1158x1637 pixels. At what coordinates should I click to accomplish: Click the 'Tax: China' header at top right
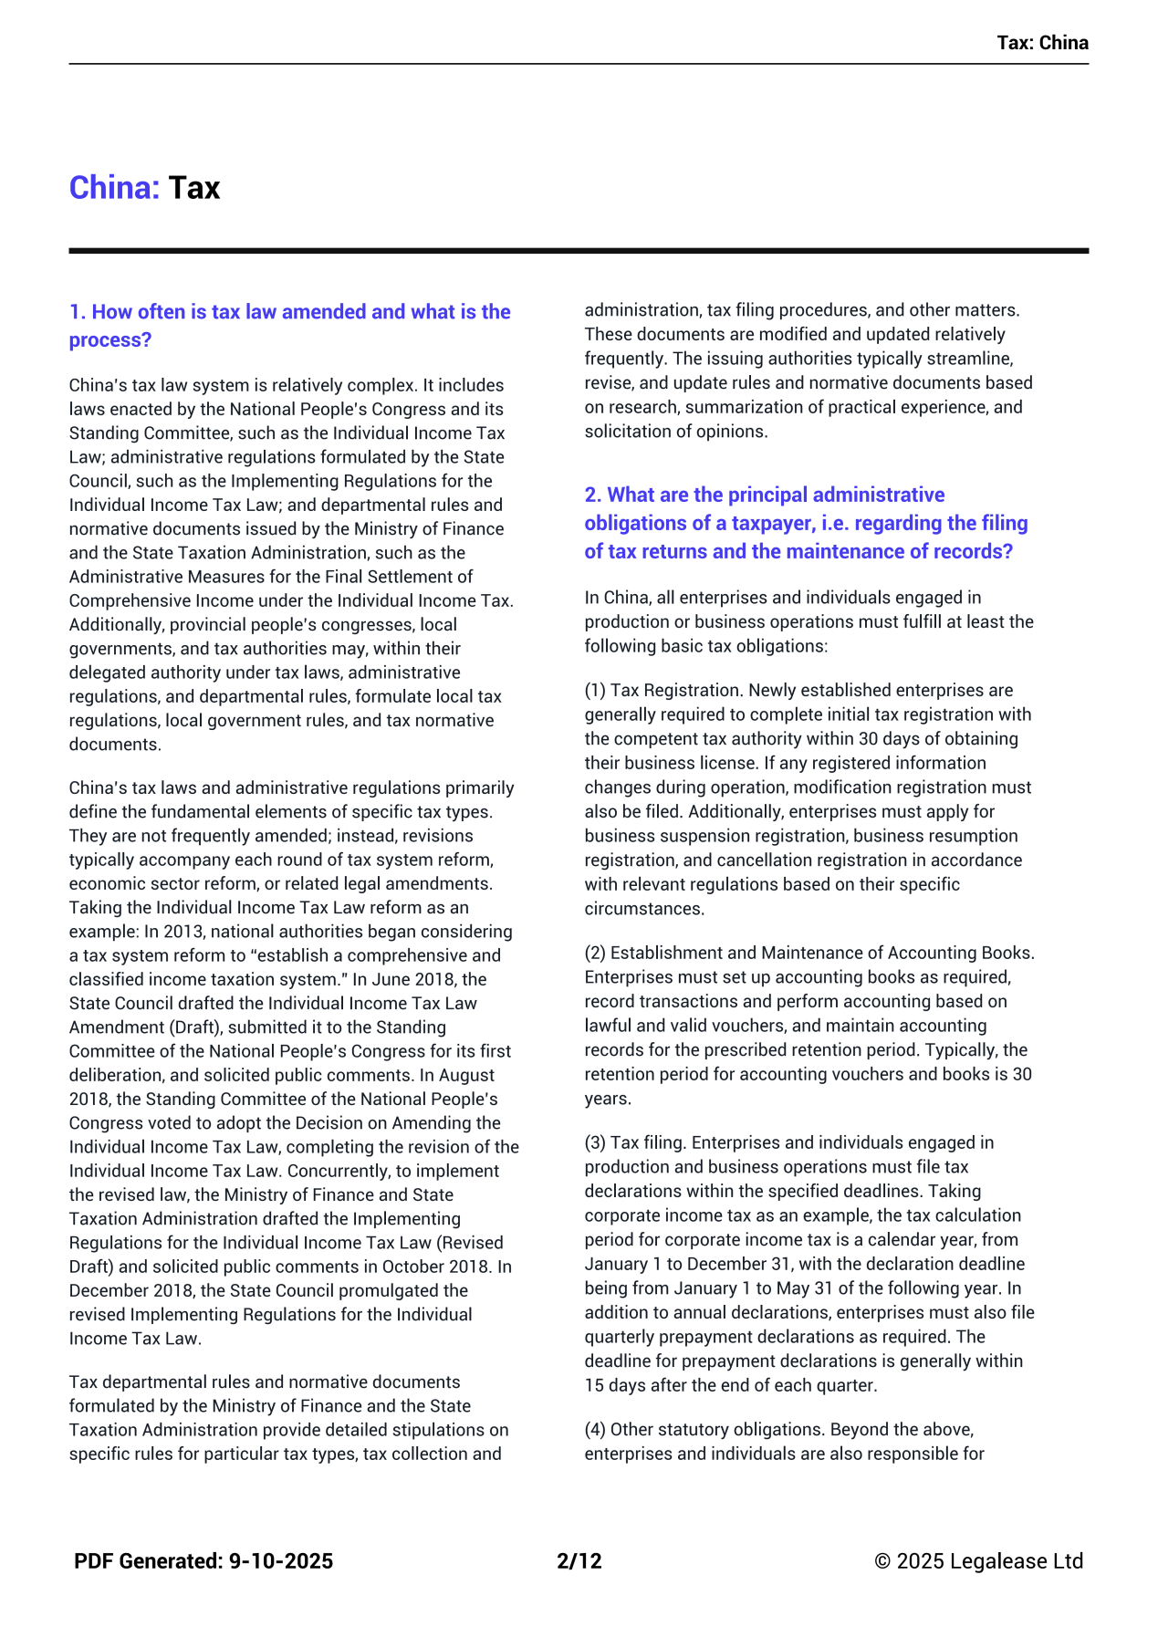coord(1041,43)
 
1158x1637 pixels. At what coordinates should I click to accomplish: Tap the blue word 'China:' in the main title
coord(114,188)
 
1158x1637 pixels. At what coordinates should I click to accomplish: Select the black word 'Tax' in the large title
coord(194,188)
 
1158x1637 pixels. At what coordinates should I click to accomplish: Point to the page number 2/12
coord(579,1561)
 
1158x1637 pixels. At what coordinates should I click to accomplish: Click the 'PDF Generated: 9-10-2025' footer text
coord(203,1561)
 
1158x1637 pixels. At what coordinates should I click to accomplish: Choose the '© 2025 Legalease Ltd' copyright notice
coord(978,1561)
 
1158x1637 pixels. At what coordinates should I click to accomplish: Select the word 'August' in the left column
coord(468,1075)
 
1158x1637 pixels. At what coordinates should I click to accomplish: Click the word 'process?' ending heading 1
coord(110,340)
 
